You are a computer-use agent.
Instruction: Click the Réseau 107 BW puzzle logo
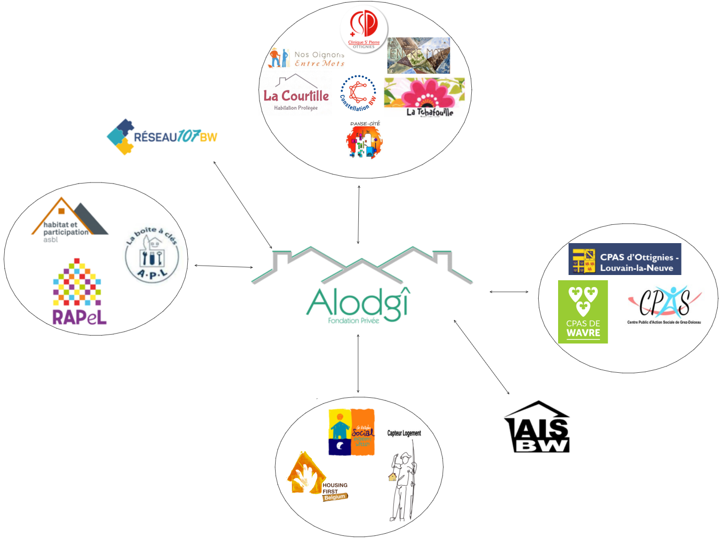pyautogui.click(x=162, y=136)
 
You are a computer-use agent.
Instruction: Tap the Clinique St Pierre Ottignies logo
pyautogui.click(x=364, y=29)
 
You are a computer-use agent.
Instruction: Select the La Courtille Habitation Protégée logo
pyautogui.click(x=296, y=95)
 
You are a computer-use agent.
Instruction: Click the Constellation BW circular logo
pyautogui.click(x=358, y=93)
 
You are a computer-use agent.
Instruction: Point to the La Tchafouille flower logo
pyautogui.click(x=424, y=97)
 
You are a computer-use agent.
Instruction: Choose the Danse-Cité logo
pyautogui.click(x=365, y=140)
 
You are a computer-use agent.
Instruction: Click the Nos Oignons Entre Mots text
pyautogui.click(x=319, y=59)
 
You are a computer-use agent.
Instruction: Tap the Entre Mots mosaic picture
pyautogui.click(x=418, y=55)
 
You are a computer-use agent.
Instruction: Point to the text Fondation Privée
pyautogui.click(x=354, y=320)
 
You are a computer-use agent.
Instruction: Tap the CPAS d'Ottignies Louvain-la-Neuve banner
pyautogui.click(x=625, y=259)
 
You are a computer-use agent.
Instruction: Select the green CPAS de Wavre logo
pyautogui.click(x=583, y=312)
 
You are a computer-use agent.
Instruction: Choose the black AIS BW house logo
pyautogui.click(x=537, y=427)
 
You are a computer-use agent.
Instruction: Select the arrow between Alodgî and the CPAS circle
pyautogui.click(x=509, y=292)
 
